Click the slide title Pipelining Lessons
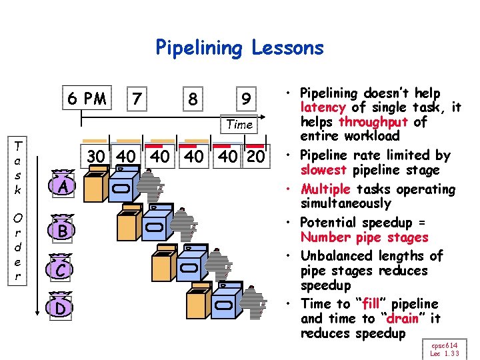point(239,48)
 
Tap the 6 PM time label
point(87,99)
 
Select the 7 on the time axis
point(136,99)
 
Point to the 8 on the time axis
point(193,100)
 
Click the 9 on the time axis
point(246,100)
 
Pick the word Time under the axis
point(239,125)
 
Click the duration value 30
point(96,157)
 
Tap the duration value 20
point(254,157)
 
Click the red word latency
point(323,108)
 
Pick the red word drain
point(403,319)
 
